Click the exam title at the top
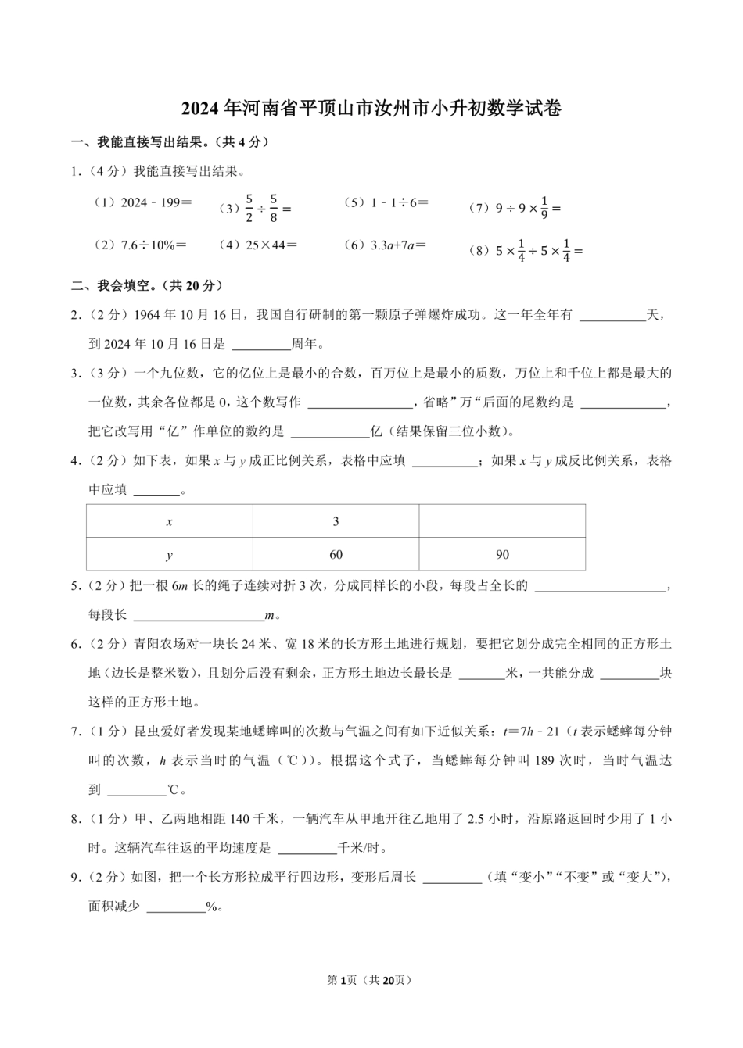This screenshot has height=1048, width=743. click(x=371, y=109)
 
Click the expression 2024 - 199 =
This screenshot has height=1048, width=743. click(x=143, y=202)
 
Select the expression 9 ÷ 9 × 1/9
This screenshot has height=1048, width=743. click(x=516, y=209)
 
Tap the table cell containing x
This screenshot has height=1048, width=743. click(x=170, y=521)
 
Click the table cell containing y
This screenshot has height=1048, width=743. click(x=170, y=555)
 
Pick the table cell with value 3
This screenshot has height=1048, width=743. click(x=336, y=521)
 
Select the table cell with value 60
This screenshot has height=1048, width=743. click(x=336, y=555)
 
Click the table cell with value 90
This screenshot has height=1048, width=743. click(x=502, y=555)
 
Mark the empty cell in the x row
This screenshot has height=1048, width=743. click(x=502, y=521)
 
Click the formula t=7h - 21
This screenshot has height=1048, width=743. click(x=530, y=731)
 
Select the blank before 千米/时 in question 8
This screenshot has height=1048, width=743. click(x=307, y=849)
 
